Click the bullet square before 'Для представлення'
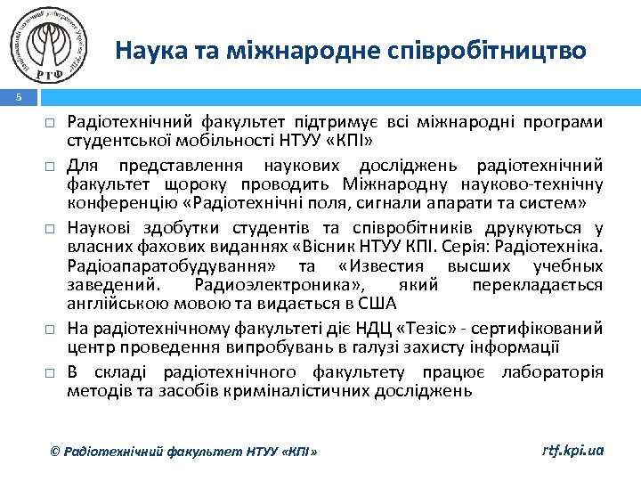click(54, 166)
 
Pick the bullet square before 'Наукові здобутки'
click(54, 230)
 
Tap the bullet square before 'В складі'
click(54, 371)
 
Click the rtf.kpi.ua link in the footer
click(572, 451)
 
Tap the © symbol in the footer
click(55, 452)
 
